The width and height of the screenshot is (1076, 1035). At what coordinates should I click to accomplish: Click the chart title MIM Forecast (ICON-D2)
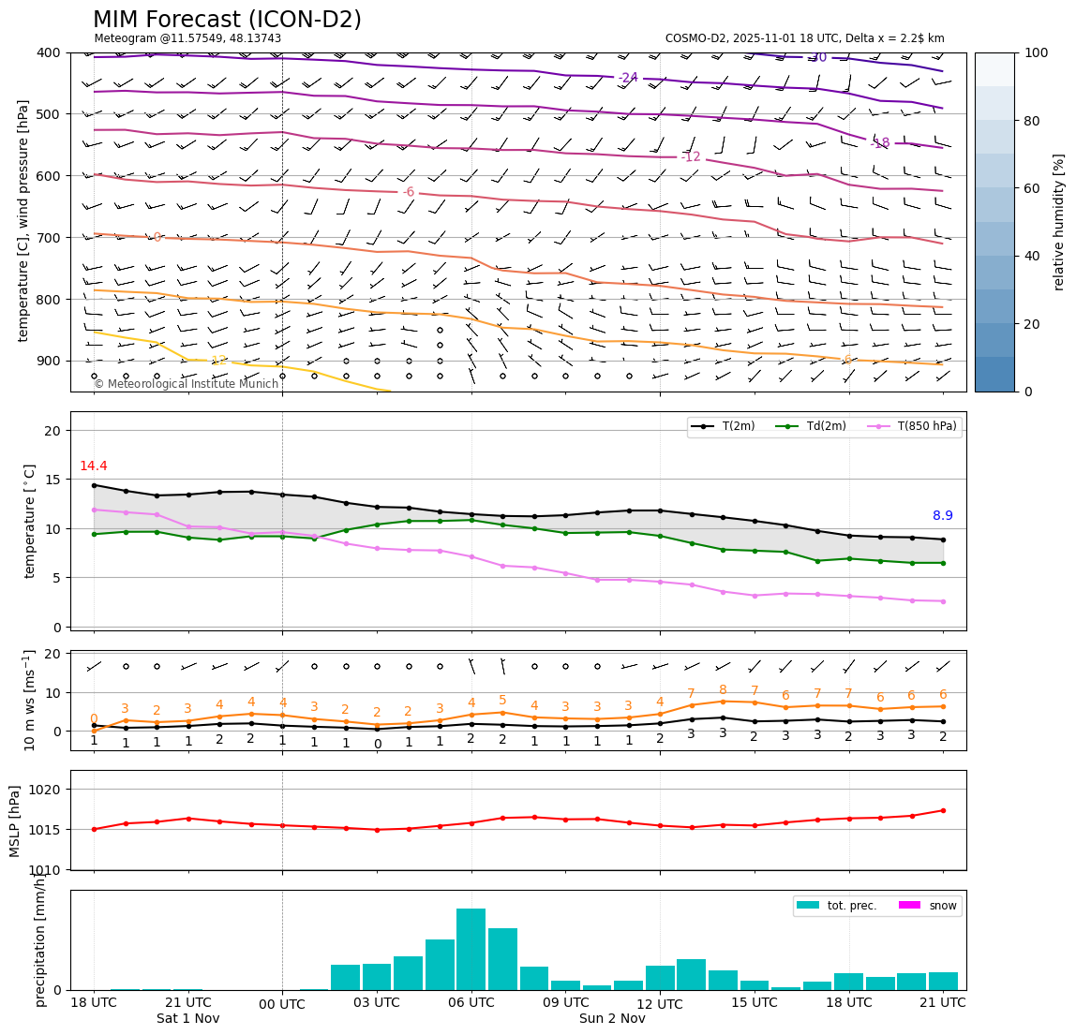pos(227,20)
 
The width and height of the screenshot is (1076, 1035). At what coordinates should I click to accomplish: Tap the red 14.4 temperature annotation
pos(93,466)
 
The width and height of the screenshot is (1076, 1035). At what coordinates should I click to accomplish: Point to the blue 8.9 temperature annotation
pos(942,516)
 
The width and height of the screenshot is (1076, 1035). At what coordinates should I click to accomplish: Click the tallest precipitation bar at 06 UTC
pos(471,948)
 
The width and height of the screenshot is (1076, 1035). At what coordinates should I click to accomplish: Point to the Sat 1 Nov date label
pos(187,1018)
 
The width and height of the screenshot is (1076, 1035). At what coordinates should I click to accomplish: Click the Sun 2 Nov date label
pos(612,1018)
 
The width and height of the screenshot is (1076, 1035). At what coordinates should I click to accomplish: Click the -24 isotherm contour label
pos(627,78)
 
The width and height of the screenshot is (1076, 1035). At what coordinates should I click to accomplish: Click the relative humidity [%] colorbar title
pos(1059,222)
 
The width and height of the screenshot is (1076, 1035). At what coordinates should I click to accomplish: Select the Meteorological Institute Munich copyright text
pos(186,384)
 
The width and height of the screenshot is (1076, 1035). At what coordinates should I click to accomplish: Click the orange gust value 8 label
pos(723,690)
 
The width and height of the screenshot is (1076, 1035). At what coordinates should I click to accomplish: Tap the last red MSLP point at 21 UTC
pos(943,810)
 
